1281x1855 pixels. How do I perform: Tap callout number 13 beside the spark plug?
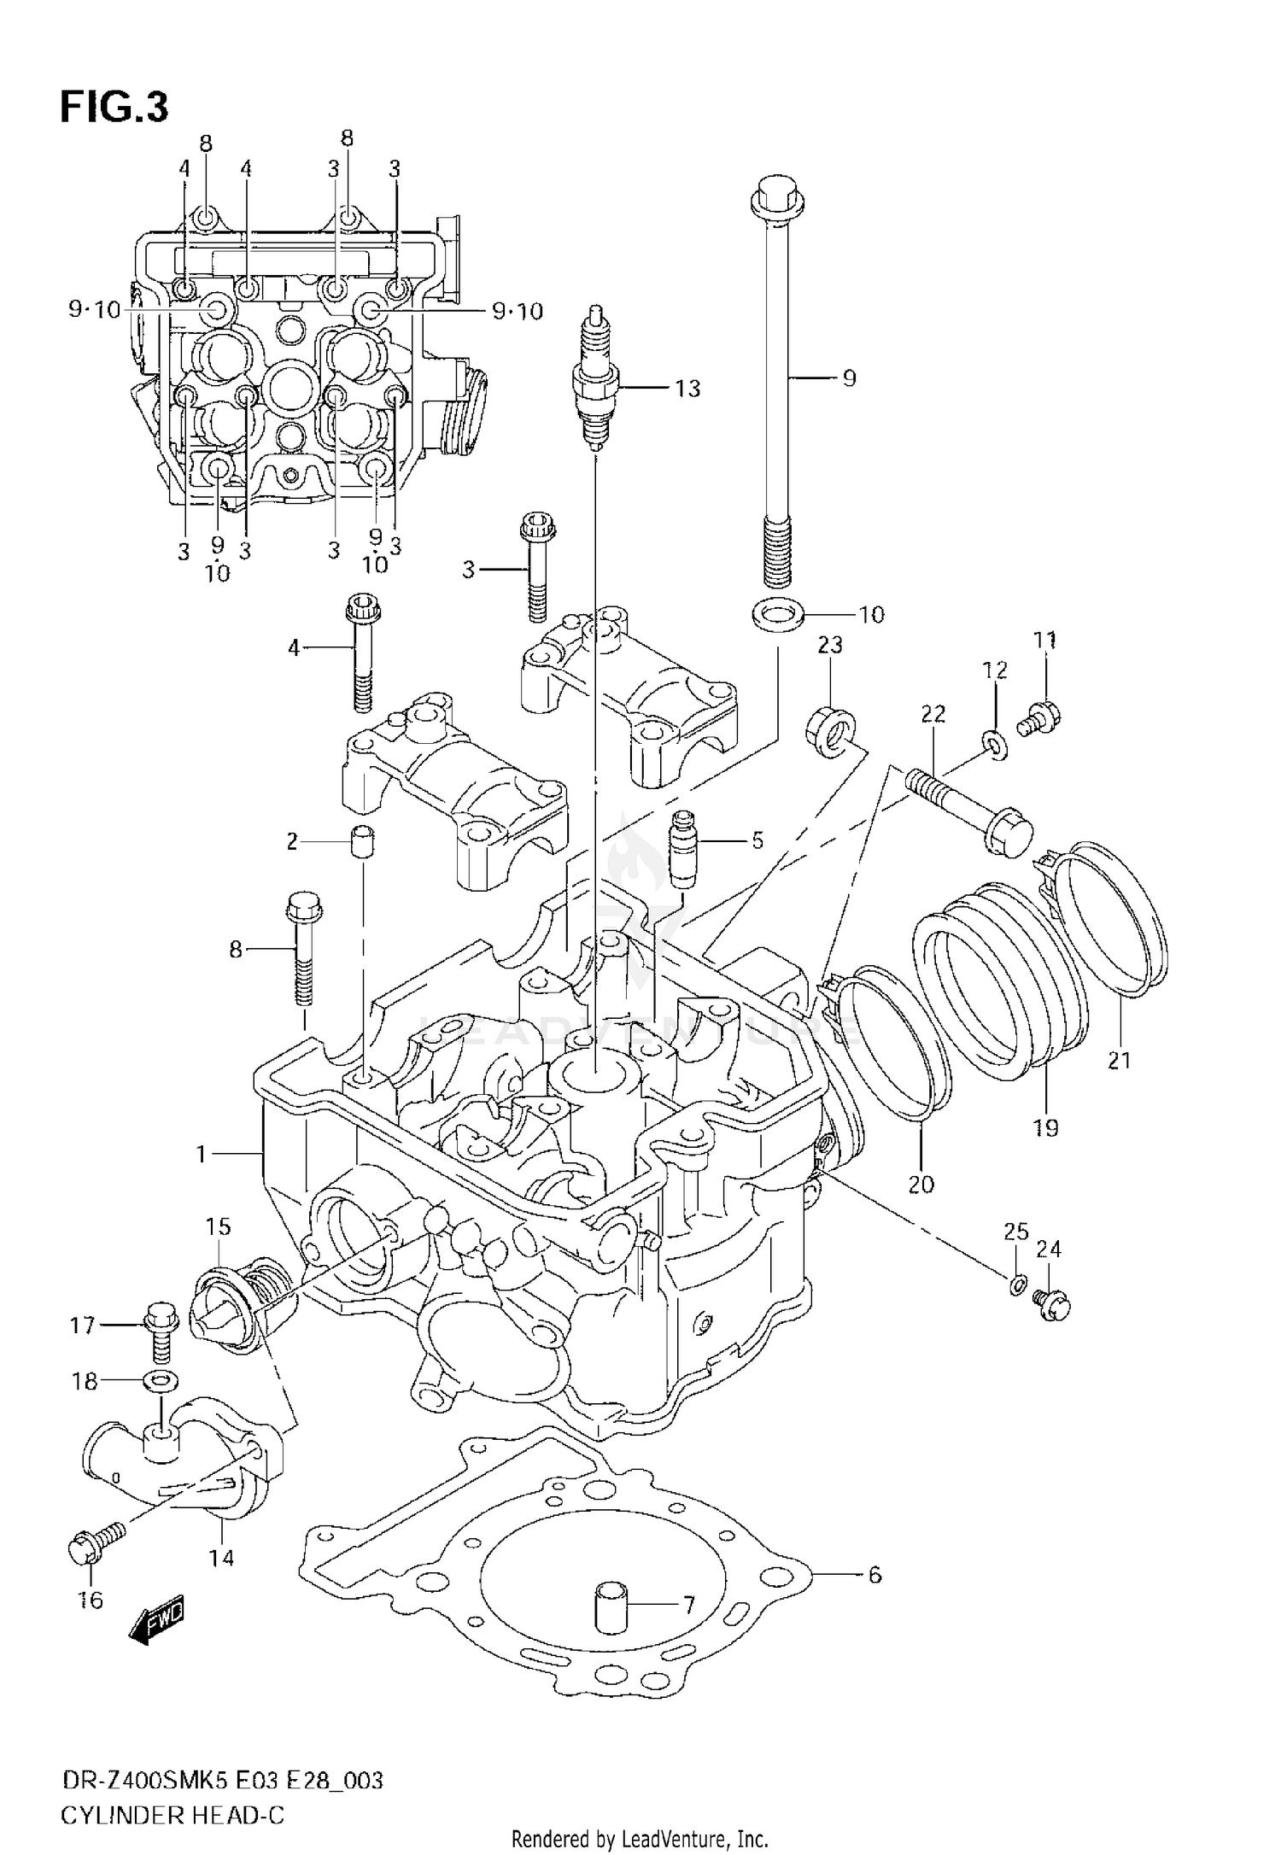[687, 389]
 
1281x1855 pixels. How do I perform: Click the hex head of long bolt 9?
[775, 198]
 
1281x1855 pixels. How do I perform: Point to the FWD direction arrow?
[156, 1629]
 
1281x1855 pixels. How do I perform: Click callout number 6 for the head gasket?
[874, 1574]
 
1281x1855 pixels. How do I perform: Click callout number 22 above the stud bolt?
[933, 713]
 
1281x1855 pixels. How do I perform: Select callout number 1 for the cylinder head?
[202, 1155]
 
